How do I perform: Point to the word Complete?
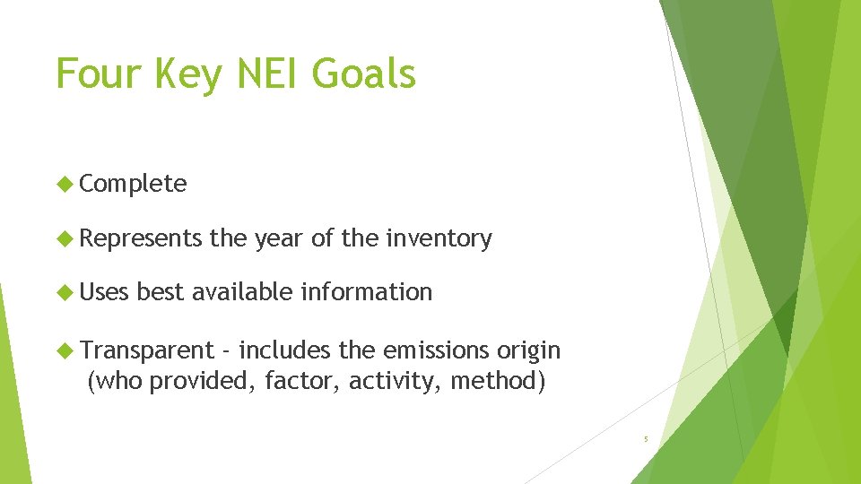[133, 185]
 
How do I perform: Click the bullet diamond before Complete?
[65, 185]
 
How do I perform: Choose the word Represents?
[141, 238]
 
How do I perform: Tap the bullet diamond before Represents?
[65, 238]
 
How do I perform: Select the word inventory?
[439, 238]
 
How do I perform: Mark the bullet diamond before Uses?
[65, 292]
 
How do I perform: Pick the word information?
[367, 291]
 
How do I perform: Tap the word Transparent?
[147, 350]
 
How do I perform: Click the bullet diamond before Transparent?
[65, 350]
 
